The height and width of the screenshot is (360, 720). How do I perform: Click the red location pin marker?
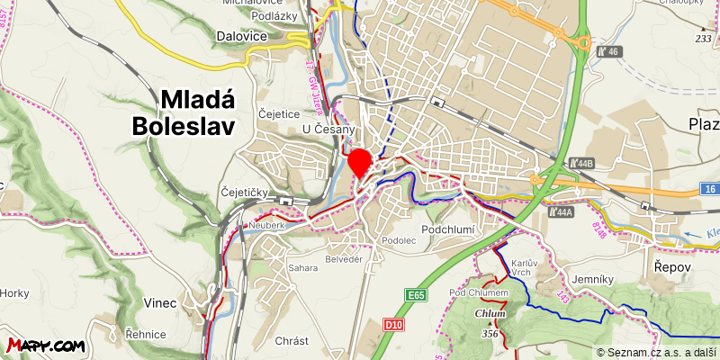pyautogui.click(x=360, y=162)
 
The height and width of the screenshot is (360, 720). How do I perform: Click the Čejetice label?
pyautogui.click(x=278, y=114)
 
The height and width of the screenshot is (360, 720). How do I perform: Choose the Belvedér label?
pyautogui.click(x=343, y=258)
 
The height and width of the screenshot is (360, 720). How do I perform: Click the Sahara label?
pyautogui.click(x=303, y=268)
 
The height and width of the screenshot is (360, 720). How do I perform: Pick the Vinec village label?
pyautogui.click(x=159, y=302)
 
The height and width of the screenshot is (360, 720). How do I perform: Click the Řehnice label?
pyautogui.click(x=146, y=335)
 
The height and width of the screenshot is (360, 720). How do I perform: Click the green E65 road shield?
pyautogui.click(x=415, y=295)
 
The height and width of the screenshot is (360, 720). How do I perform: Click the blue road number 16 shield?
pyautogui.click(x=711, y=188)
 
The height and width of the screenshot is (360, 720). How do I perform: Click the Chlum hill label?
pyautogui.click(x=490, y=313)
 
